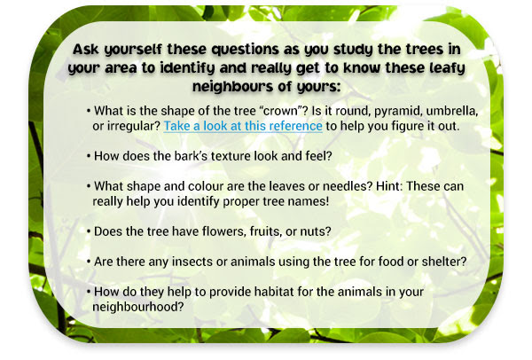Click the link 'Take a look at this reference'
coord(243,126)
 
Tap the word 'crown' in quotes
coord(278,111)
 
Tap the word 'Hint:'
coord(389,186)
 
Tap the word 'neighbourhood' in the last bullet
coord(135,307)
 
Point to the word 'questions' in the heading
coord(245,50)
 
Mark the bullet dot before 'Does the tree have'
coord(89,231)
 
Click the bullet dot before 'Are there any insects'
coord(89,262)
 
